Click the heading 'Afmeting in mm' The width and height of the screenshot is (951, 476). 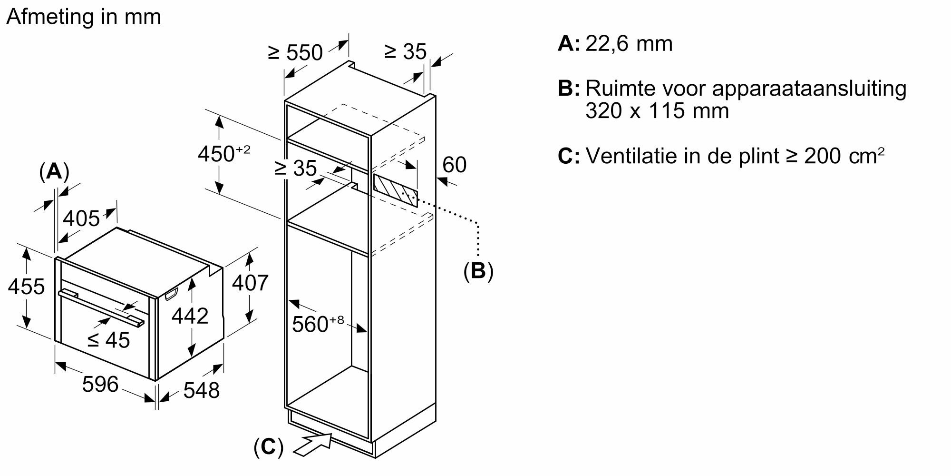click(84, 17)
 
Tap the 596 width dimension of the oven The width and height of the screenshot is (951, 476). click(100, 384)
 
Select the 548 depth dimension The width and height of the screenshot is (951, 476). click(201, 390)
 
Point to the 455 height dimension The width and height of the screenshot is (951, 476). click(27, 287)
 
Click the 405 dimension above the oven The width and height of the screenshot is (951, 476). click(81, 218)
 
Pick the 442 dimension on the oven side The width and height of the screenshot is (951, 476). click(190, 316)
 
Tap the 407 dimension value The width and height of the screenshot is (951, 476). click(250, 283)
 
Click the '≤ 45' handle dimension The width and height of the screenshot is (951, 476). click(109, 340)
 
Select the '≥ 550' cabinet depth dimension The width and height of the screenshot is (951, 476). click(295, 52)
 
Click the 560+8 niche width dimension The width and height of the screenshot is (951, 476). click(318, 324)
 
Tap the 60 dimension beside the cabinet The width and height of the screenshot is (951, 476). click(454, 165)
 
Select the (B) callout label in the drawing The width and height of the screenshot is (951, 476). click(478, 271)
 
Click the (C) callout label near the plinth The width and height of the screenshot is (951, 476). click(268, 447)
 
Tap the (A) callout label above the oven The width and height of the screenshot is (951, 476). click(54, 171)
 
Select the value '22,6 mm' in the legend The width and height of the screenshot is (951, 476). click(629, 44)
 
